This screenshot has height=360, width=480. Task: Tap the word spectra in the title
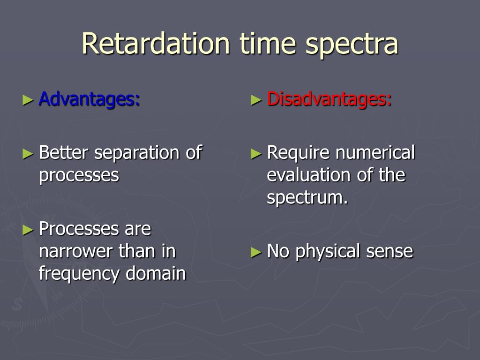352,46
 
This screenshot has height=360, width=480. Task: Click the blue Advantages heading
90,100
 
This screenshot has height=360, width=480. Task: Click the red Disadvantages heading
330,100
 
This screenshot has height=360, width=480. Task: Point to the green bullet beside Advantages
28,100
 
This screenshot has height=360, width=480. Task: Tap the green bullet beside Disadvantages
256,100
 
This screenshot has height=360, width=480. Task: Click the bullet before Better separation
28,153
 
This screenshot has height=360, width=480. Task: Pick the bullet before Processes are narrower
28,230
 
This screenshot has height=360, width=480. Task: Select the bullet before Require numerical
256,153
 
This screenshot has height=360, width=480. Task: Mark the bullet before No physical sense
256,252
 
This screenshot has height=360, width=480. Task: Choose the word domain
156,273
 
